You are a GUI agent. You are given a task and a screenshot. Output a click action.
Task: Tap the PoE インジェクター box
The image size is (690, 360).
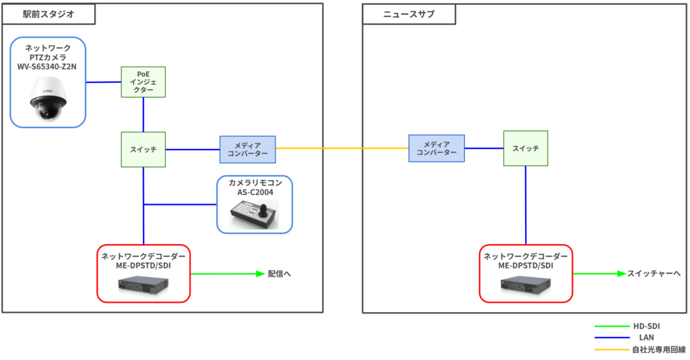[x=143, y=81]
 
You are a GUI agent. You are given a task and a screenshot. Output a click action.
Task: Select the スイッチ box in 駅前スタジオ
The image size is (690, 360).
[x=144, y=149]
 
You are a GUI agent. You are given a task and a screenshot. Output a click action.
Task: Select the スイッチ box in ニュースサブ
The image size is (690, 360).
[x=526, y=148]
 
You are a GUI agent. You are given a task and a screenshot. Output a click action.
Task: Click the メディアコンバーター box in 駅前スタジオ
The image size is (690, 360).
[x=247, y=149]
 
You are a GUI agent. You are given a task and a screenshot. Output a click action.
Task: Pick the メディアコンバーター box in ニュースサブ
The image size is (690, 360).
[x=437, y=148]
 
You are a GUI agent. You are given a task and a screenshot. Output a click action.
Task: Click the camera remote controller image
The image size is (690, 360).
[x=254, y=214]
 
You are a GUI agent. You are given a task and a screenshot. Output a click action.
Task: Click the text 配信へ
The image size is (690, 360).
[x=279, y=274]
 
